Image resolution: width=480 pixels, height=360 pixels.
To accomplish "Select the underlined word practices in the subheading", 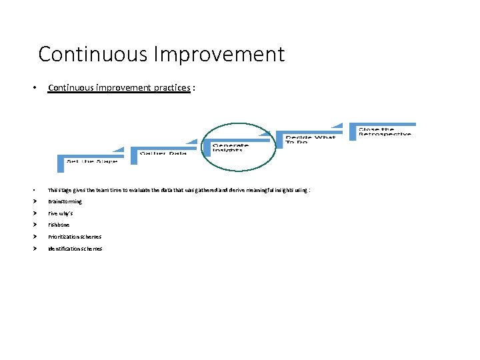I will (170, 88).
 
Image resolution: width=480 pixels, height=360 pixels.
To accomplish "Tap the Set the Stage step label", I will (92, 161).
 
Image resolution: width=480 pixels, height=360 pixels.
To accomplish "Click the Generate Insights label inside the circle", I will (231, 148).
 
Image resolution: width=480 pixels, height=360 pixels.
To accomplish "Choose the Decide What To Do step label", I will (311, 139).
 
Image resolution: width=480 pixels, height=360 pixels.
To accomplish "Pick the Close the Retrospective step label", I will (385, 132).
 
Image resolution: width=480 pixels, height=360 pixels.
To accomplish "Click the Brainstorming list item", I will (65, 201).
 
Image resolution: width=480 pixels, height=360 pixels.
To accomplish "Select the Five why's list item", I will (60, 213).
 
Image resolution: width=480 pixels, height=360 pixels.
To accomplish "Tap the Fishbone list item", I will (58, 225).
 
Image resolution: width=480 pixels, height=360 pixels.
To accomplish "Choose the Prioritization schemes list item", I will (75, 237).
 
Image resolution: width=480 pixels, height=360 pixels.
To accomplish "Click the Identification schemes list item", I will (75, 249).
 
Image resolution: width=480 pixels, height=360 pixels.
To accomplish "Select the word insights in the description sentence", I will (289, 190).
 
